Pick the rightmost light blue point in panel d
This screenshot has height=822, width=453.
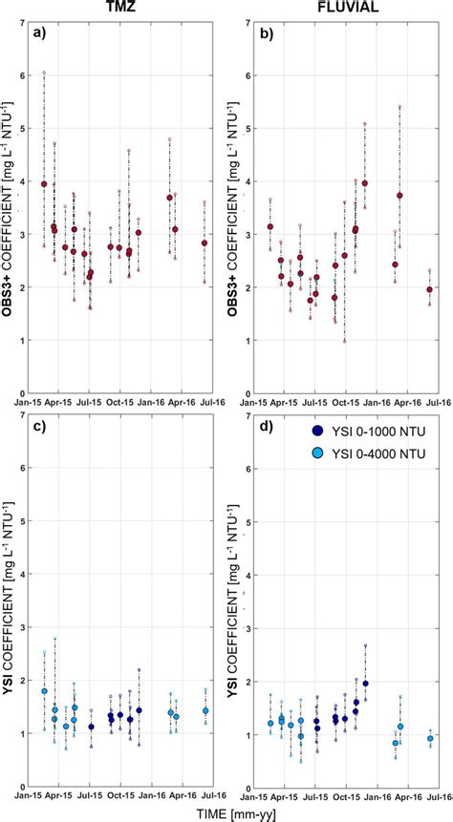[x=430, y=738]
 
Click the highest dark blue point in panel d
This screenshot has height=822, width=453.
[x=365, y=684]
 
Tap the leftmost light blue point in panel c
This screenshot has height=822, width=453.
[x=43, y=690]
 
